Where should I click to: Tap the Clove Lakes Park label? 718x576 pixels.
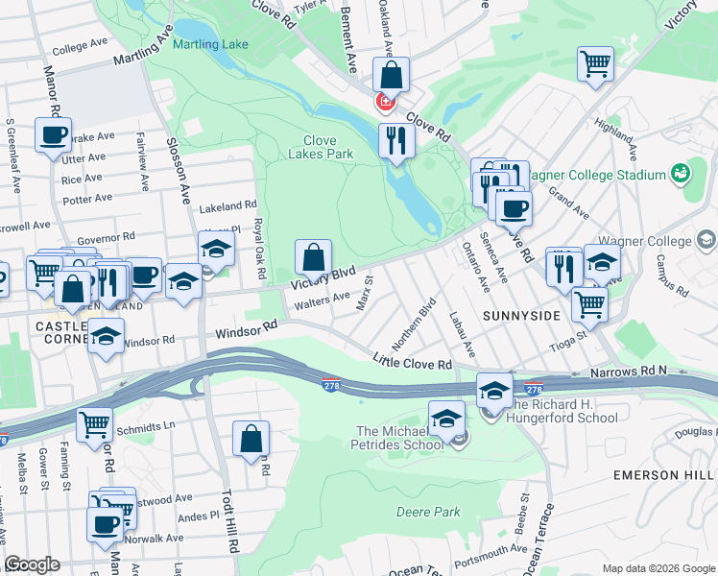pyautogui.click(x=322, y=147)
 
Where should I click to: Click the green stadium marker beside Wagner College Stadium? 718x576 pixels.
pyautogui.click(x=681, y=174)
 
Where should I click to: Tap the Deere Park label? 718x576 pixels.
pyautogui.click(x=428, y=512)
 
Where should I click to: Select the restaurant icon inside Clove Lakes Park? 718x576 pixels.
pyautogui.click(x=395, y=141)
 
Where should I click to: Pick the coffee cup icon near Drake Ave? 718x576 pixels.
pyautogui.click(x=53, y=134)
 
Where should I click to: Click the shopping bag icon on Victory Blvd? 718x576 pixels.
pyautogui.click(x=313, y=257)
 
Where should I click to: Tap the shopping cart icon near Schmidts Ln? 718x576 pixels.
pyautogui.click(x=94, y=423)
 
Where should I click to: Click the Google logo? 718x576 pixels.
pyautogui.click(x=31, y=564)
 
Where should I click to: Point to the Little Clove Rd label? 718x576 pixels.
pyautogui.click(x=413, y=362)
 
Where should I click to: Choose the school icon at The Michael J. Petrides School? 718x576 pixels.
pyautogui.click(x=446, y=419)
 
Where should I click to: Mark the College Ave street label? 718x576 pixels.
pyautogui.click(x=81, y=46)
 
